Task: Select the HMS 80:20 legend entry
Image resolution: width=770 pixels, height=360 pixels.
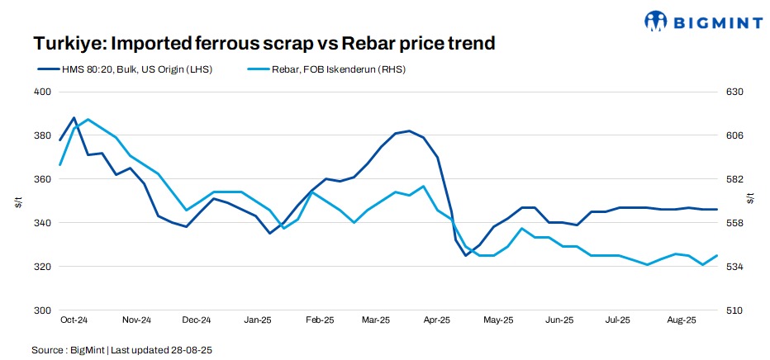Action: tap(123, 69)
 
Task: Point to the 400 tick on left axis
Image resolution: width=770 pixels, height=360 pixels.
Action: tap(41, 92)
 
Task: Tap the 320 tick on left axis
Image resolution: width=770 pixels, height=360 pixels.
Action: tap(41, 267)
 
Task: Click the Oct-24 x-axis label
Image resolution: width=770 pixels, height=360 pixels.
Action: tap(74, 320)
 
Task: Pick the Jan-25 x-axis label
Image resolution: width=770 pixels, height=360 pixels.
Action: tap(258, 320)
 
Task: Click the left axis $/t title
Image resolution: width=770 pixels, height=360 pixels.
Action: tap(18, 200)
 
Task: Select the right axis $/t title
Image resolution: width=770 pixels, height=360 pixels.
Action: tap(750, 200)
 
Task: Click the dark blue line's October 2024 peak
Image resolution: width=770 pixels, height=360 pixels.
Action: tap(74, 118)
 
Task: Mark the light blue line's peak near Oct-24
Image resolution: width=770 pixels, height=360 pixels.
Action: tap(88, 120)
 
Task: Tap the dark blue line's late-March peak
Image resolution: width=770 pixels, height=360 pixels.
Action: tap(410, 131)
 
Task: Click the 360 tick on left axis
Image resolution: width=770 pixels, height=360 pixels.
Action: tap(41, 179)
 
